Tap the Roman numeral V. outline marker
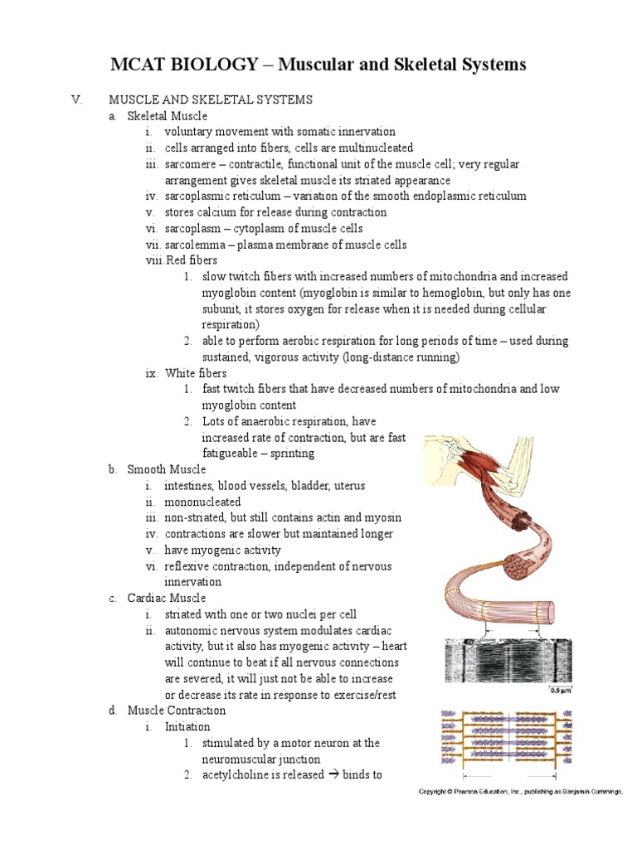77,99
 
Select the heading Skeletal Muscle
168,115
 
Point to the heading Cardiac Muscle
167,598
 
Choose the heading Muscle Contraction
176,711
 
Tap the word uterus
348,485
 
